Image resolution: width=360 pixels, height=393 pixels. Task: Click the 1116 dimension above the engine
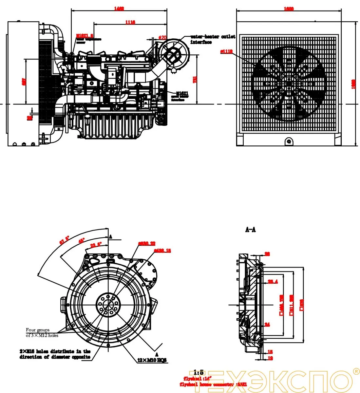pos(130,22)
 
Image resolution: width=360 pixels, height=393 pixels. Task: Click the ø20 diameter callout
pos(162,38)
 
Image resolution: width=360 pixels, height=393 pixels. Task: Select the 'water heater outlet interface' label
pos(213,39)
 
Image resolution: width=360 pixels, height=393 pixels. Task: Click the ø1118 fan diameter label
pos(226,51)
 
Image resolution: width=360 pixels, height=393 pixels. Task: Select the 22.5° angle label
pos(96,244)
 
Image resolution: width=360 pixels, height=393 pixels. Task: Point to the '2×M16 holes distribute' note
pos(55,354)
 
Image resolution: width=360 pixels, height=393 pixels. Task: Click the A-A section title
pos(251,230)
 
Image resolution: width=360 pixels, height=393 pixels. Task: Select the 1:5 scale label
pos(199,372)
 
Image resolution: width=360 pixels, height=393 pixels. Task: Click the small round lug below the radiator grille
pos(289,141)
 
